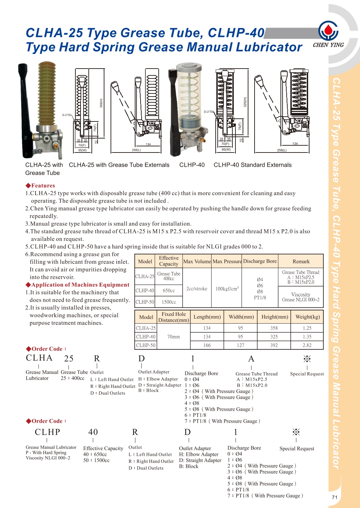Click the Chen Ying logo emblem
click(328, 30)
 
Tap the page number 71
click(334, 497)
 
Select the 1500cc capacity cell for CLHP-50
click(169, 302)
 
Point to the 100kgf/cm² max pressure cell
click(227, 289)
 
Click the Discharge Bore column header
click(260, 261)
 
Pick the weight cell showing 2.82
click(307, 345)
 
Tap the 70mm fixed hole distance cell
click(173, 337)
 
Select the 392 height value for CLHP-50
click(274, 345)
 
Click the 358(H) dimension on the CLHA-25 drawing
click(101, 103)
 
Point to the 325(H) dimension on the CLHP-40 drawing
click(245, 102)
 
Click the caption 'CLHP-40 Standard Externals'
click(253, 165)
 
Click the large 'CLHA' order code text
click(39, 358)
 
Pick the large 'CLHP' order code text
click(47, 432)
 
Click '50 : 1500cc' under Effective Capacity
click(96, 460)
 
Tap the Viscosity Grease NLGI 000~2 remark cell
click(301, 297)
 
